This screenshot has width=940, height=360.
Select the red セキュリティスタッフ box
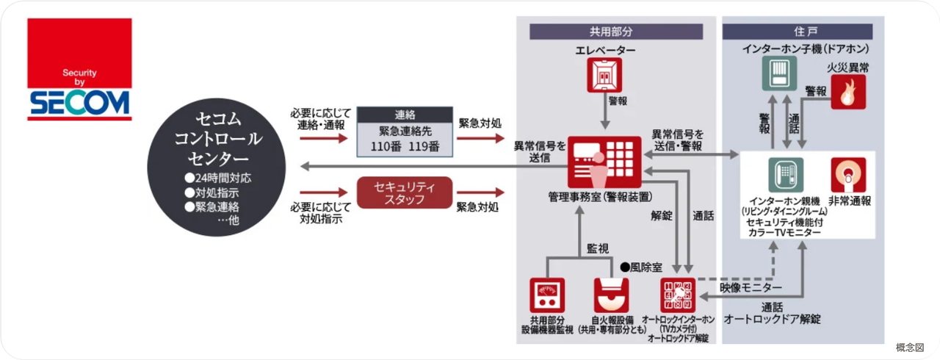pyautogui.click(x=405, y=192)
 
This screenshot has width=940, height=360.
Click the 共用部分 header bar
pyautogui.click(x=615, y=32)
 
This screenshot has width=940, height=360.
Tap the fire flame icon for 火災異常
pyautogui.click(x=848, y=93)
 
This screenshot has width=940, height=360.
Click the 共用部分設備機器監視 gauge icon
pyautogui.click(x=547, y=295)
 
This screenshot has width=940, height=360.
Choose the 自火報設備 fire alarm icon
pyautogui.click(x=610, y=295)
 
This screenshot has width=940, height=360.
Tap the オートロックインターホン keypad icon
pyautogui.click(x=676, y=295)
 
